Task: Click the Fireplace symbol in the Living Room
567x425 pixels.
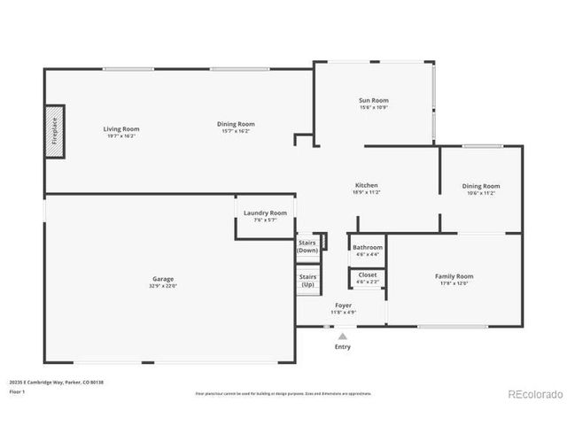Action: pyautogui.click(x=55, y=132)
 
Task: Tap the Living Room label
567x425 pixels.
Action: pyautogui.click(x=122, y=129)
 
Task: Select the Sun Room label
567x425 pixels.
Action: pyautogui.click(x=374, y=101)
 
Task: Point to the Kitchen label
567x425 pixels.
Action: pyautogui.click(x=367, y=185)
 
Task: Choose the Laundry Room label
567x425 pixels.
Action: pyautogui.click(x=266, y=213)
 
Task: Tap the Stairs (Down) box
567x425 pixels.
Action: pyautogui.click(x=307, y=245)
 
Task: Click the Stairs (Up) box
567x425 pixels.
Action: pyautogui.click(x=307, y=280)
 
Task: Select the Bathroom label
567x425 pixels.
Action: pyautogui.click(x=368, y=247)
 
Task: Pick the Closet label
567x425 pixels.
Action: pyautogui.click(x=368, y=274)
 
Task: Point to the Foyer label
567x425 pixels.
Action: pyautogui.click(x=343, y=305)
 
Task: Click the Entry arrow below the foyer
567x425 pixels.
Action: pyautogui.click(x=342, y=336)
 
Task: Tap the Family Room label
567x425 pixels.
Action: pyautogui.click(x=454, y=276)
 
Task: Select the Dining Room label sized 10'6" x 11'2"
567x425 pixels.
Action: pyautogui.click(x=481, y=186)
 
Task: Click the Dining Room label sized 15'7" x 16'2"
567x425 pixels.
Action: pyautogui.click(x=236, y=124)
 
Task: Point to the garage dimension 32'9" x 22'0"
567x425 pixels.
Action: pyautogui.click(x=162, y=286)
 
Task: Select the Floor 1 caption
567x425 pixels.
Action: pyautogui.click(x=17, y=390)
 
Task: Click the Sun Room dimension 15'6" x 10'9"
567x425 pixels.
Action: pyautogui.click(x=374, y=109)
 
